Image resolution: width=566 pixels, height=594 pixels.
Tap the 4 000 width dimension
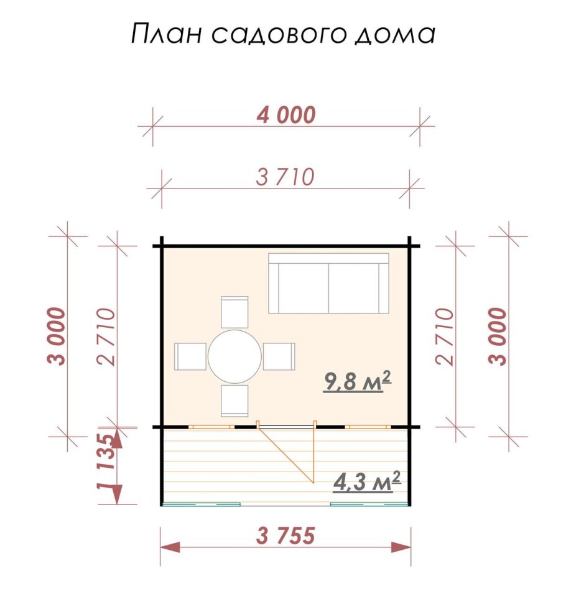[x=285, y=114]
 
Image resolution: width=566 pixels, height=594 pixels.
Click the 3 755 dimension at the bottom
[x=285, y=535]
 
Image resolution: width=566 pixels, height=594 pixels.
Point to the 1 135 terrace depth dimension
[x=106, y=468]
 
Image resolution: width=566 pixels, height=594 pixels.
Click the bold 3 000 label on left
[x=57, y=336]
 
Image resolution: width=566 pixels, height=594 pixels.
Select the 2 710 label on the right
[x=447, y=336]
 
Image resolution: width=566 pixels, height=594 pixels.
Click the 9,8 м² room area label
[x=357, y=381]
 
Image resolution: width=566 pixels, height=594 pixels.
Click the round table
[x=234, y=356]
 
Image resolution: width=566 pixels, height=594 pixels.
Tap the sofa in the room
[x=328, y=284]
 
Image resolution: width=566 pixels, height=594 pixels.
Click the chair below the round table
[x=234, y=401]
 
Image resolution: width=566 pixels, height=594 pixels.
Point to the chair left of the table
[x=190, y=356]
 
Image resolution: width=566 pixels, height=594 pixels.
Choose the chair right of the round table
[x=279, y=356]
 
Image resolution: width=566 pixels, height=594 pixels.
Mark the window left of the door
[x=211, y=427]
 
